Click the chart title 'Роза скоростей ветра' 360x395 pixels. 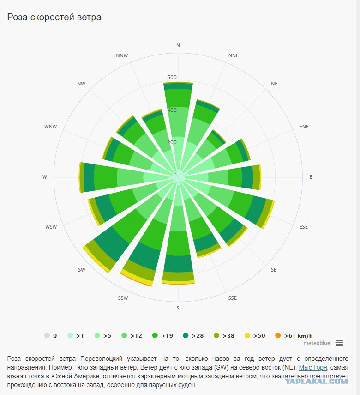coord(54,17)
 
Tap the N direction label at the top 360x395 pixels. coord(178,45)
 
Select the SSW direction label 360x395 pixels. coord(123,298)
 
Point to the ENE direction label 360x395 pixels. coord(304,127)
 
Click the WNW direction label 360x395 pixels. coord(51,127)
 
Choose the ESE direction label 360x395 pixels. coord(303,227)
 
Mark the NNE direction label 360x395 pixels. coord(234,55)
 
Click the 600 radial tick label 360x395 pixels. coord(172,77)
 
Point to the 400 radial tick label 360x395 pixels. coord(172,110)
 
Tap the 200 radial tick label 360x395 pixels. coord(172,142)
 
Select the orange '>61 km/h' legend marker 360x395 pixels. coord(278,335)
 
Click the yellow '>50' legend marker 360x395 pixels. coord(247,335)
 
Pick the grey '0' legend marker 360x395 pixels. coord(47,335)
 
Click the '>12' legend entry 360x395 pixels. coord(132,335)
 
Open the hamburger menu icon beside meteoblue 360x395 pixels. coord(339,343)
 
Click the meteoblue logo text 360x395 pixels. coord(317,343)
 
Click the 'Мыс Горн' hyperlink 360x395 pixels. coord(313,368)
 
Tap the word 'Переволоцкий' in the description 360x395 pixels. coord(102,359)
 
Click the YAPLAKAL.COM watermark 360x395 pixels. coord(317,381)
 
